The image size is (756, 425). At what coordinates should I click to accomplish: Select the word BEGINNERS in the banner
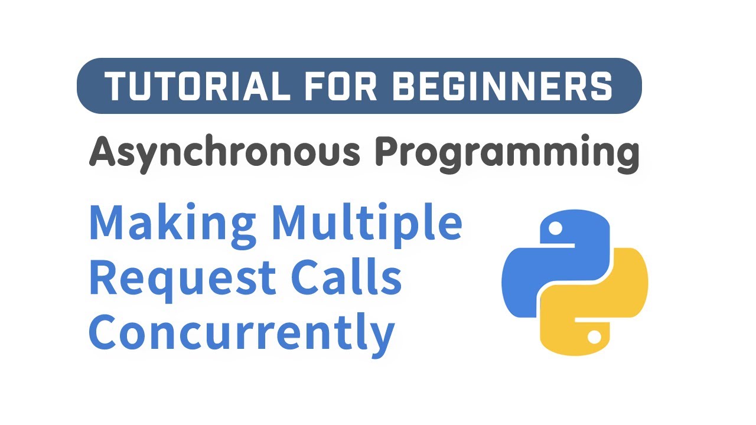[x=502, y=86]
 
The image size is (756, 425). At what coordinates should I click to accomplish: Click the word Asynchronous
[x=224, y=152]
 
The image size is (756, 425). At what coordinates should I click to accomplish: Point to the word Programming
[x=507, y=153]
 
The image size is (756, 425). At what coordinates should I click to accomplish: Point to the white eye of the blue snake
[x=555, y=227]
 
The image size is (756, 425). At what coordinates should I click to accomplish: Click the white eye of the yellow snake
[x=594, y=336]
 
